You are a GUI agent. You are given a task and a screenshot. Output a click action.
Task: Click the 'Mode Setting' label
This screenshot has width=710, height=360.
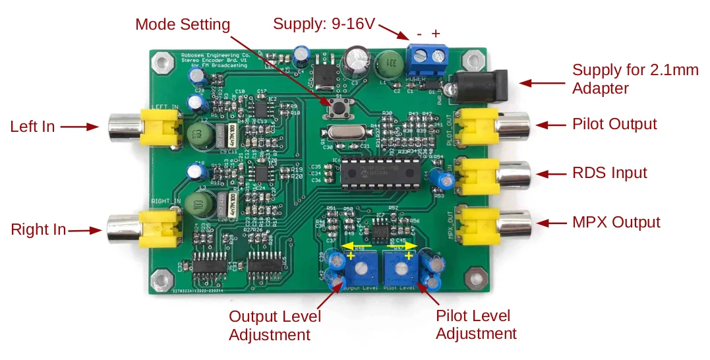(x=183, y=25)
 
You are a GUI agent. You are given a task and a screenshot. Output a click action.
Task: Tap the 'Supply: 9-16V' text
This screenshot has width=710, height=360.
(x=324, y=24)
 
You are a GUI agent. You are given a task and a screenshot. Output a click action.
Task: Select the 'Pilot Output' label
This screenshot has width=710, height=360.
(x=614, y=124)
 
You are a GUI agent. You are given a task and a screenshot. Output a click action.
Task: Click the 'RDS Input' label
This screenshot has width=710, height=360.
(x=610, y=173)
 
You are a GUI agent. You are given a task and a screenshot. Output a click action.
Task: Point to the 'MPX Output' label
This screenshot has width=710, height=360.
(x=616, y=222)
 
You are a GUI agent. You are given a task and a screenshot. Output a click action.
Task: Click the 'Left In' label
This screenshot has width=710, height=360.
(x=32, y=127)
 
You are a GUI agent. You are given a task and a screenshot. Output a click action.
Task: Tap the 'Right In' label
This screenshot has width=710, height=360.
(x=38, y=229)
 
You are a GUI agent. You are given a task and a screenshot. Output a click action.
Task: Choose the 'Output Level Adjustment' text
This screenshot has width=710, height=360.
(x=274, y=325)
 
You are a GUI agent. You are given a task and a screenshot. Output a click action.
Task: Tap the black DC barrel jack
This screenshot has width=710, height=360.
(x=479, y=85)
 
